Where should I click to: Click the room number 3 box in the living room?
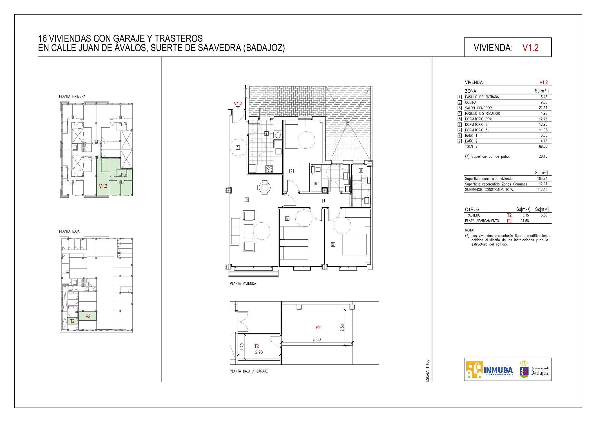[x=247, y=200]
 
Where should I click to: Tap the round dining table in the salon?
[x=265, y=187]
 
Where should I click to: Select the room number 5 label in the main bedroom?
[x=333, y=245]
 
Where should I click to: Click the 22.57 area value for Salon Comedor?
[x=543, y=108]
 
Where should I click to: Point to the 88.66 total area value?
[x=543, y=147]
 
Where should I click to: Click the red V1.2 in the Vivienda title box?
[x=530, y=48]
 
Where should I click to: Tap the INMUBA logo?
[x=490, y=369]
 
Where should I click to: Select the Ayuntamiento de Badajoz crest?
[x=524, y=369]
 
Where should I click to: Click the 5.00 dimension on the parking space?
[x=317, y=339]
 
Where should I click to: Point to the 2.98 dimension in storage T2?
[x=259, y=352]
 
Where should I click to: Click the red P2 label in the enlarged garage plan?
[x=318, y=328]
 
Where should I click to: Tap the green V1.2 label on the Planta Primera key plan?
[x=103, y=186]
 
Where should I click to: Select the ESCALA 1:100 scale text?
[x=427, y=371]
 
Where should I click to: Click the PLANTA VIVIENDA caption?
[x=243, y=284]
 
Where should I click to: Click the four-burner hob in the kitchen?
[x=269, y=169]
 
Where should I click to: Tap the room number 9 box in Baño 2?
[x=361, y=171]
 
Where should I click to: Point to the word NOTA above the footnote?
[x=470, y=230]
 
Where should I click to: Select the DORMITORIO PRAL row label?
[x=479, y=119]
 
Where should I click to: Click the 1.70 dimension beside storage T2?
[x=242, y=346]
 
